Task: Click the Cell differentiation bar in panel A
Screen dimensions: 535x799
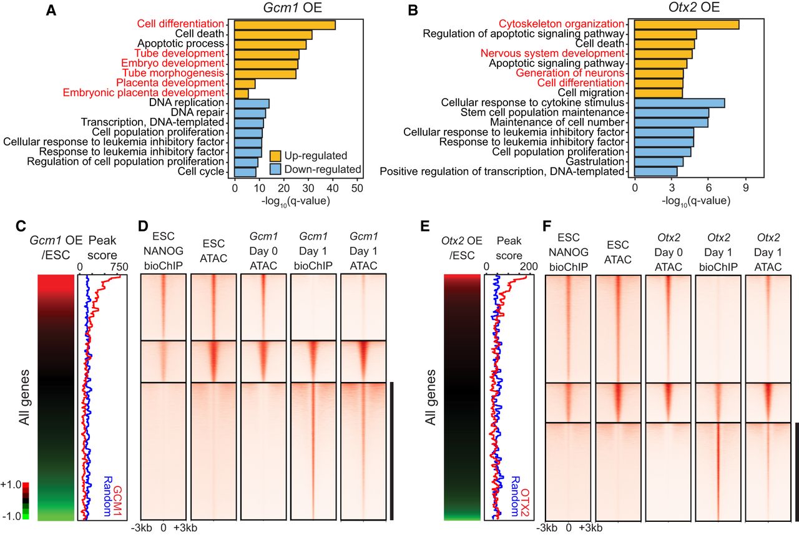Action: point(285,25)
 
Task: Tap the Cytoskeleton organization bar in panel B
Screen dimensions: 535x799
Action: point(687,24)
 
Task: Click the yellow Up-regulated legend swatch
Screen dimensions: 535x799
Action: point(276,155)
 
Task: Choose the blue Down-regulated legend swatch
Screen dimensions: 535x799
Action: point(276,169)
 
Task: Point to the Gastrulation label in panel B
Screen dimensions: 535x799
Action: point(596,161)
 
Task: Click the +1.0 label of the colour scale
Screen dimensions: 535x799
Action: point(12,484)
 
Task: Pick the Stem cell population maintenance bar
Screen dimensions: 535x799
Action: point(672,112)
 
